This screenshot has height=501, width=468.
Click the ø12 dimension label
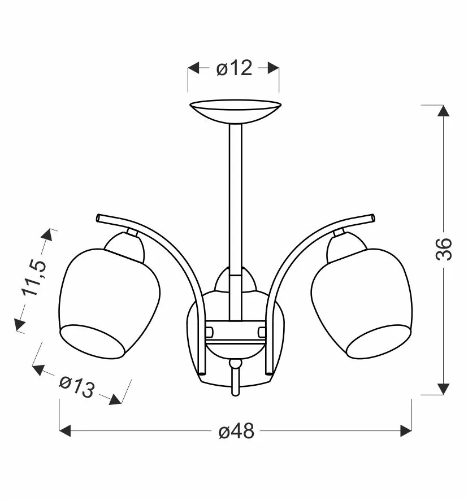pyautogui.click(x=235, y=68)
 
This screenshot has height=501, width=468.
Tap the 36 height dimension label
pyautogui.click(x=444, y=249)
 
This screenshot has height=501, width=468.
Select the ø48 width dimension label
pyautogui.click(x=236, y=432)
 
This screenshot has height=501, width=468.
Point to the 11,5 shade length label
pyautogui.click(x=34, y=277)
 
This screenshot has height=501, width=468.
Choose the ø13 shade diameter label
pyautogui.click(x=77, y=386)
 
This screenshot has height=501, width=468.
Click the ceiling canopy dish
pyautogui.click(x=235, y=111)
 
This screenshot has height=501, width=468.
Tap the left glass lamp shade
pyautogui.click(x=109, y=303)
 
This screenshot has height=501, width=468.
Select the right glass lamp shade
pyautogui.click(x=362, y=303)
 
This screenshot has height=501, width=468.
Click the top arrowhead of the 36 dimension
pyautogui.click(x=443, y=111)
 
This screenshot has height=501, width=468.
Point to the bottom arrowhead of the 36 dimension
pyautogui.click(x=443, y=389)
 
